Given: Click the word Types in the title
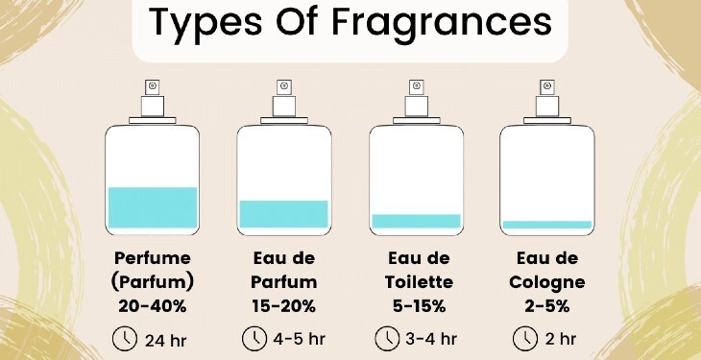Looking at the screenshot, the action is [x=205, y=23].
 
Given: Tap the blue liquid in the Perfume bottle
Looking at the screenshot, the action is [x=153, y=207].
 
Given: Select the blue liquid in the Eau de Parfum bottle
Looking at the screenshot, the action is [x=284, y=214].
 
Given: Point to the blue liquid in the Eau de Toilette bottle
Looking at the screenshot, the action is [x=416, y=221].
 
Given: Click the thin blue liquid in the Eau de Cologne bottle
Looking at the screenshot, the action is [x=547, y=225].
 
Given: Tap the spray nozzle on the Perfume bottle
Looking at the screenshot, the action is [x=153, y=87].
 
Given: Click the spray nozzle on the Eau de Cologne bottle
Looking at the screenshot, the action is [x=547, y=87].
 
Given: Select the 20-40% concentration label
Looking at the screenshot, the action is [x=153, y=306].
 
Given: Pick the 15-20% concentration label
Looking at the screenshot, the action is [x=284, y=306].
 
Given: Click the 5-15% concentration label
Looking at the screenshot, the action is [x=420, y=306].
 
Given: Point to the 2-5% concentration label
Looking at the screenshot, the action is [x=547, y=306].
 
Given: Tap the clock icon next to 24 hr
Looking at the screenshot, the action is [x=125, y=339].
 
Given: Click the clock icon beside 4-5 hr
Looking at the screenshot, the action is [x=254, y=339].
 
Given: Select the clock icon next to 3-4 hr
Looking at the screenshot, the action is [x=387, y=339].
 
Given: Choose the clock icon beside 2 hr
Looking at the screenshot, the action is [x=525, y=339].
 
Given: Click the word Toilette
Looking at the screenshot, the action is [x=419, y=282].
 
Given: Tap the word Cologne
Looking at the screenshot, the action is [x=546, y=282].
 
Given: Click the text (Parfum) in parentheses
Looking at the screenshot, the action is [x=153, y=282].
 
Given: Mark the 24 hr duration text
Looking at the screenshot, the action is [x=165, y=341].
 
